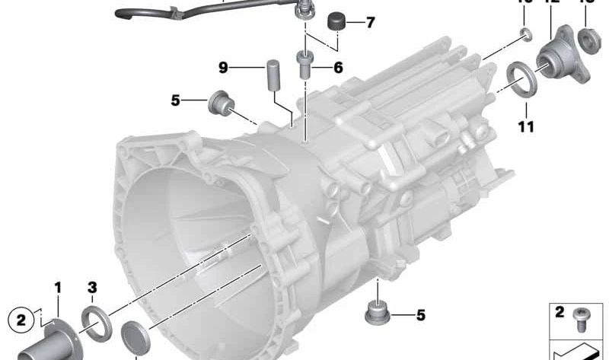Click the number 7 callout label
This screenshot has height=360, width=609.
(371, 23)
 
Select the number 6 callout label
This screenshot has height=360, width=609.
(337, 68)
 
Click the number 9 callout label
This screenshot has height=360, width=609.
(224, 68)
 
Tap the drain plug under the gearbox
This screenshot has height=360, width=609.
(377, 311)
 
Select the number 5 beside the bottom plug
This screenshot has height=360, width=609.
(419, 314)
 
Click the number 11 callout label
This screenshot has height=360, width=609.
(526, 126)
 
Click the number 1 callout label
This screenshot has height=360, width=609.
(57, 287)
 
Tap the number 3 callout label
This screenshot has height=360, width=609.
(92, 287)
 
